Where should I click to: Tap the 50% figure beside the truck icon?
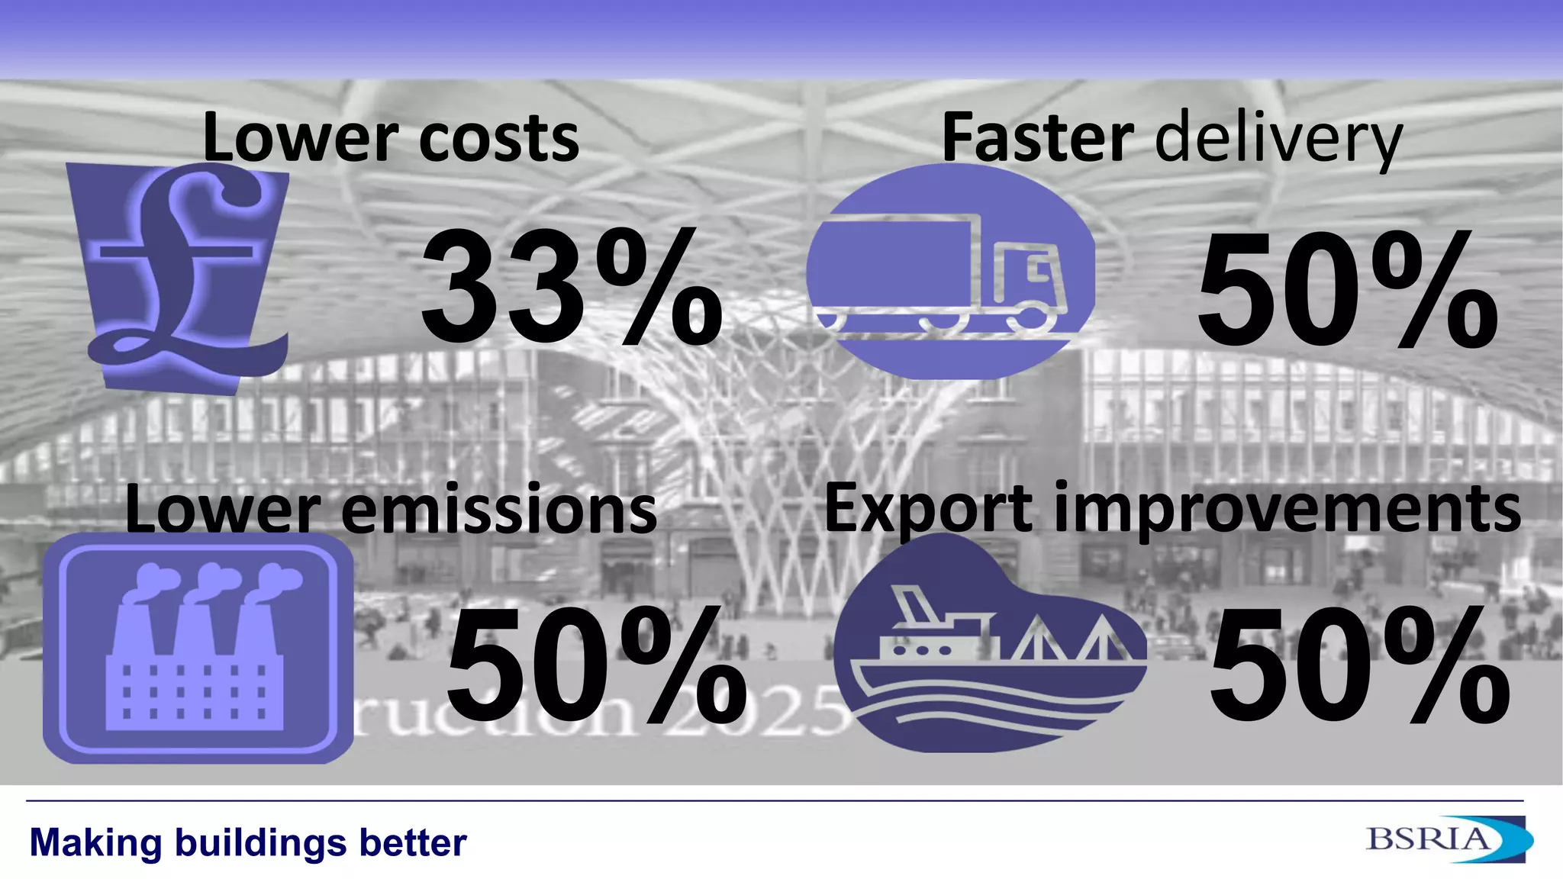(1347, 290)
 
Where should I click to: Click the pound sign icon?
(183, 275)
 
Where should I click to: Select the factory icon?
(197, 649)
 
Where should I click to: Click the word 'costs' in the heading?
(499, 139)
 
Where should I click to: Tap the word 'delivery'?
(1279, 140)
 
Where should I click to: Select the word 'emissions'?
(499, 510)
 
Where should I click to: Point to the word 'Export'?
(928, 510)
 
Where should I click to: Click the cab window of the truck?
(1039, 268)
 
